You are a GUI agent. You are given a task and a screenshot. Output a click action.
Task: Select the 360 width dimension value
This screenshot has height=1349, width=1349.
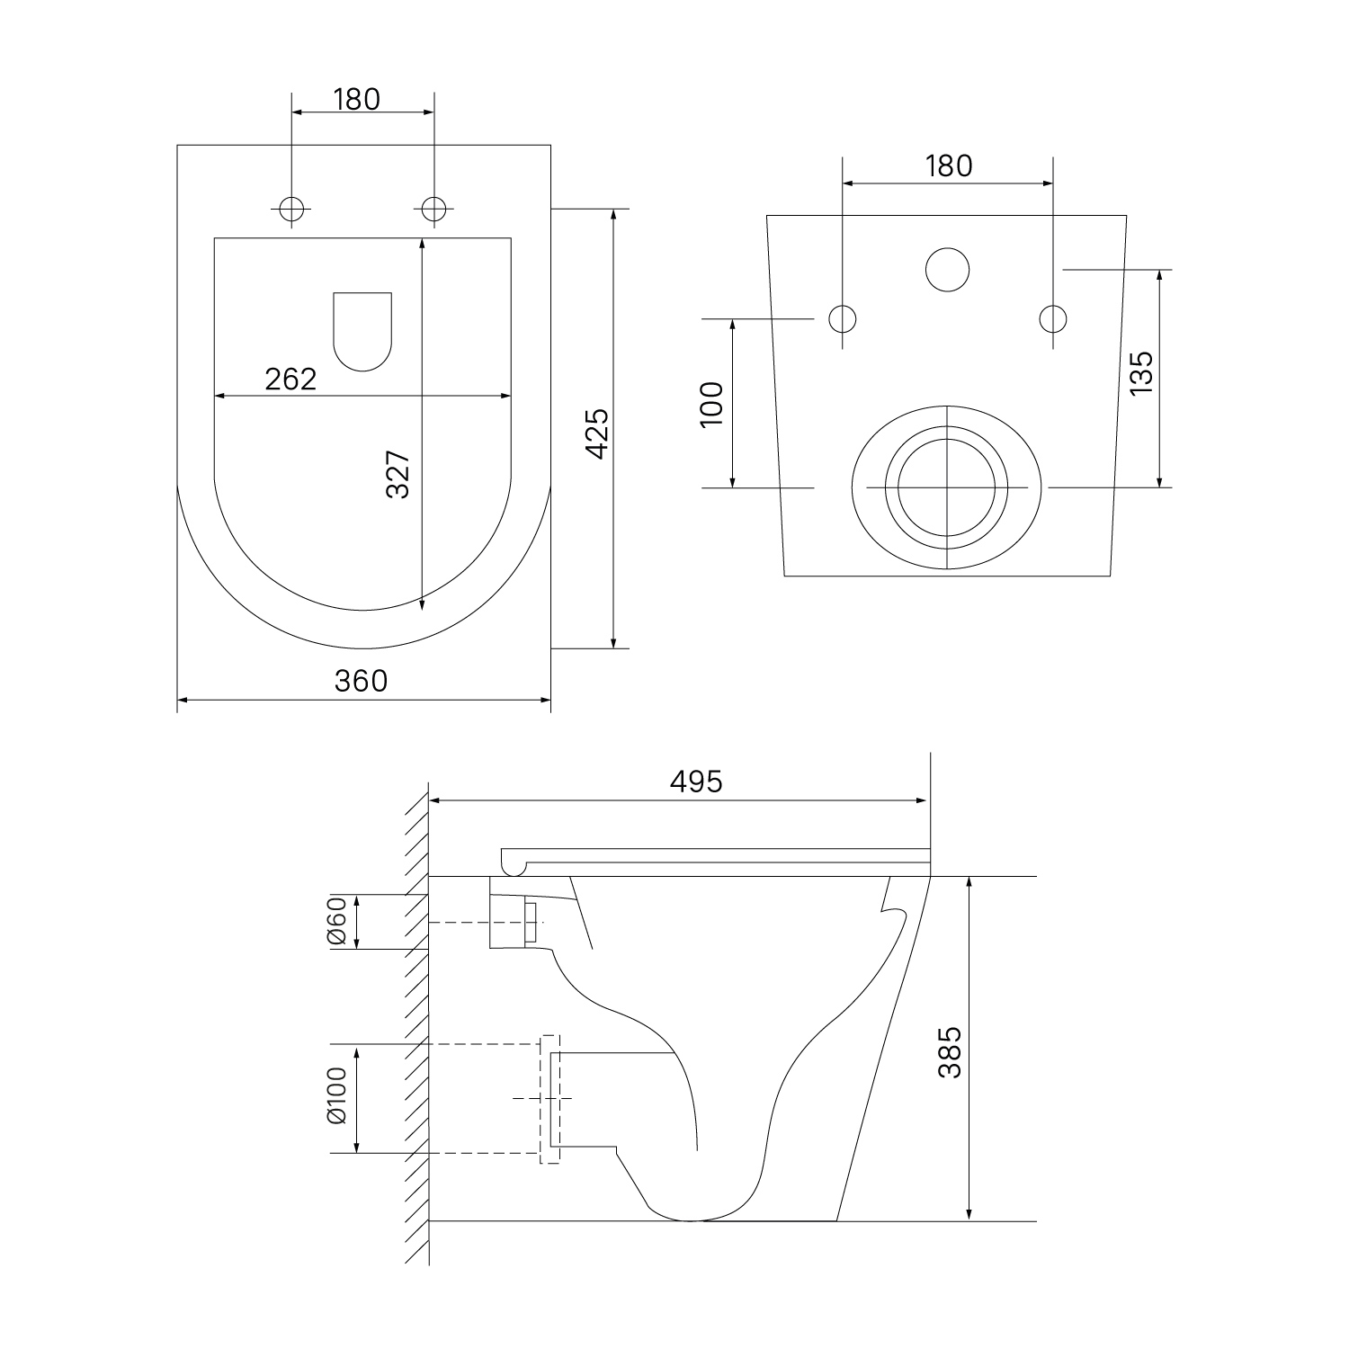[x=361, y=681]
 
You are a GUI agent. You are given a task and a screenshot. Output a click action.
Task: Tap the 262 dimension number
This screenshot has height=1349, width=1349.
[x=290, y=380]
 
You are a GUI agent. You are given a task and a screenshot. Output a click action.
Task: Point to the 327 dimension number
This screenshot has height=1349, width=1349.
[x=398, y=474]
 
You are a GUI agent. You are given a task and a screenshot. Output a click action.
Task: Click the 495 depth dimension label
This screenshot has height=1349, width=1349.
[x=695, y=782]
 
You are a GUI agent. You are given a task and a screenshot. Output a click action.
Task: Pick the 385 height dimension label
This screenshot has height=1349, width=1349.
[x=950, y=1052]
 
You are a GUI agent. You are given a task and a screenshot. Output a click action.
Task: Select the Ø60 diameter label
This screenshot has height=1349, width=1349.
[x=336, y=922]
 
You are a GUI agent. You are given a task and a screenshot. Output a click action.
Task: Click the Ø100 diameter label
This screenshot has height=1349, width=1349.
[x=336, y=1096]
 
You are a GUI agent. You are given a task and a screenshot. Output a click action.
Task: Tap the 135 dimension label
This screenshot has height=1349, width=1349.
[x=1139, y=371]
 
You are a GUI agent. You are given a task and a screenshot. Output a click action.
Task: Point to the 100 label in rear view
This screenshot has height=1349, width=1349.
[x=711, y=404]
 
